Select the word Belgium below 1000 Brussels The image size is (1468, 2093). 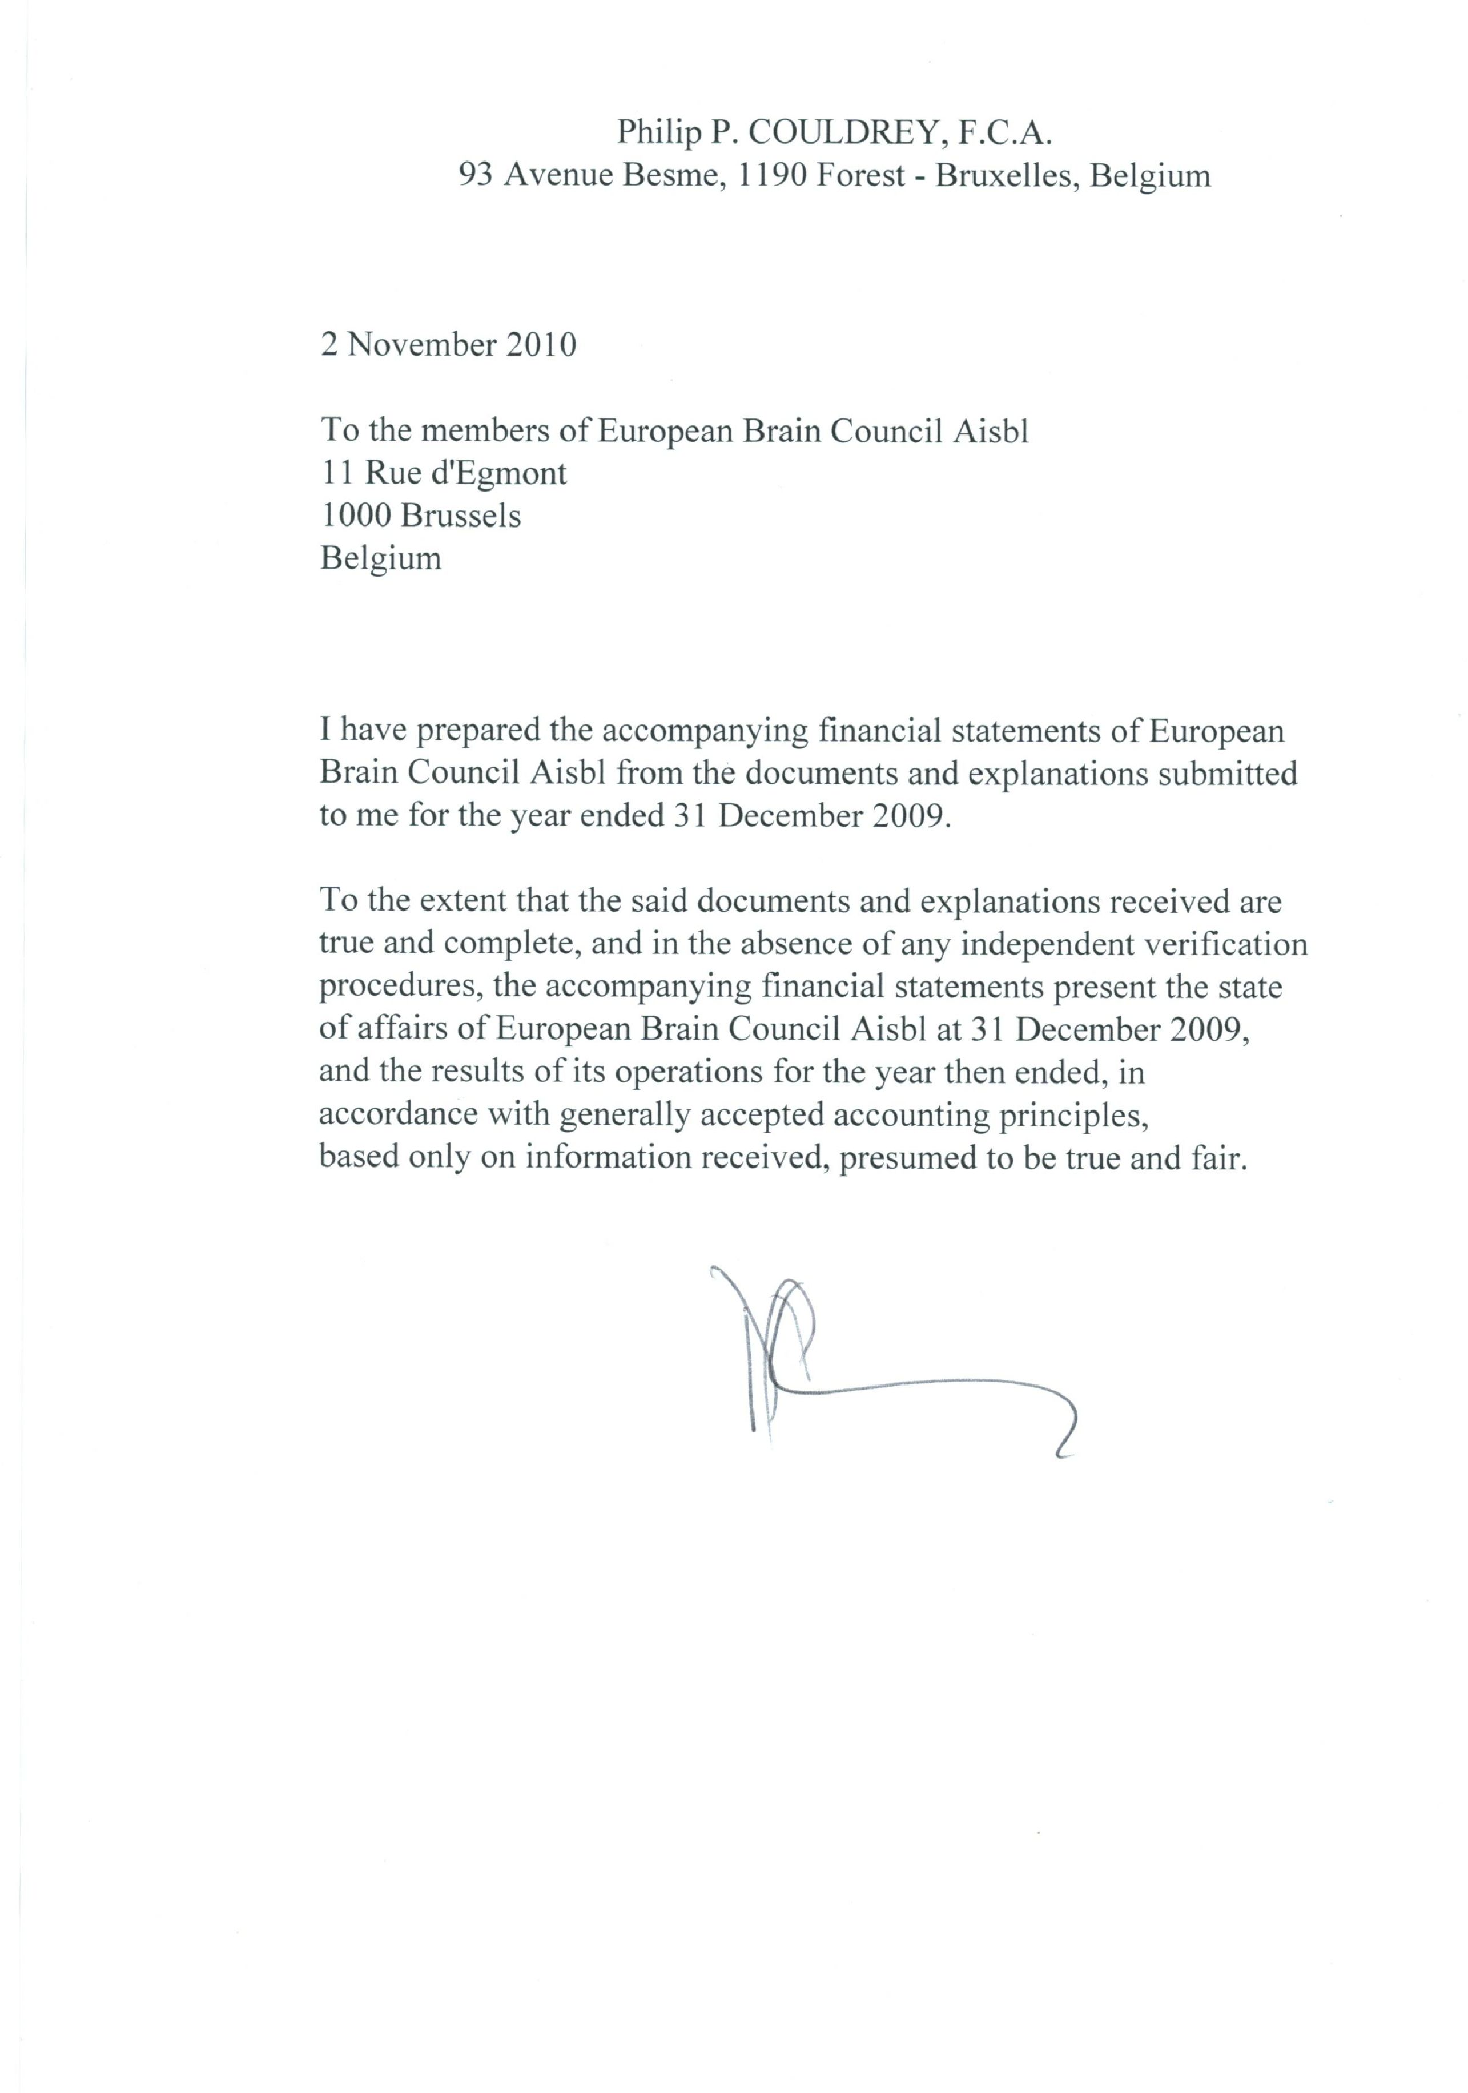click(380, 558)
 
